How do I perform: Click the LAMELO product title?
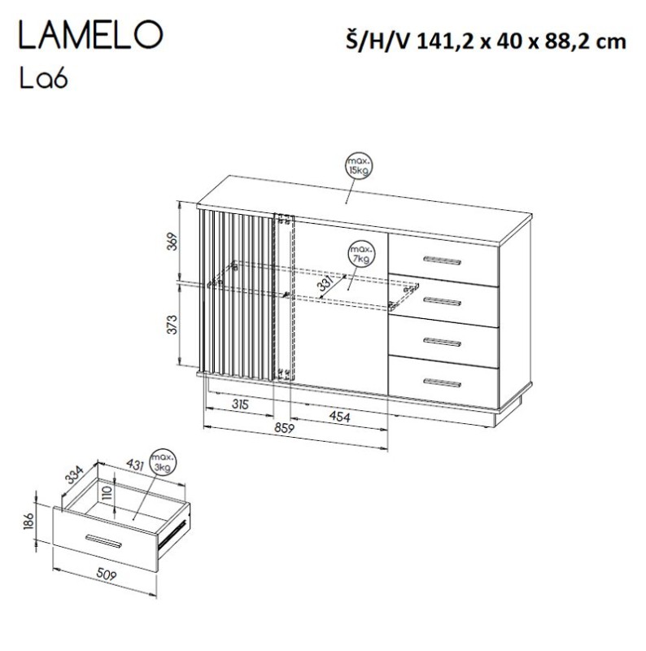tap(89, 37)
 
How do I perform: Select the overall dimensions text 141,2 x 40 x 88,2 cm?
tap(521, 41)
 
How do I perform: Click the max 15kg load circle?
tap(356, 167)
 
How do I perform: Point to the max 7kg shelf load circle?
tap(360, 253)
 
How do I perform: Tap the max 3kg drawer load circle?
tap(165, 465)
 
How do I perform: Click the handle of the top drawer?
tap(442, 260)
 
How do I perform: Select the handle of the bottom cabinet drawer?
tap(442, 382)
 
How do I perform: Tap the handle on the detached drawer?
tap(104, 541)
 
